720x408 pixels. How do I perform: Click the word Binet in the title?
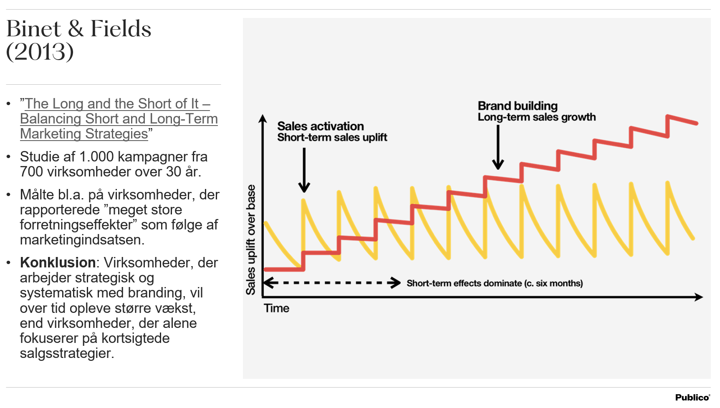pos(34,29)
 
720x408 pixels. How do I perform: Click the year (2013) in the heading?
pos(40,52)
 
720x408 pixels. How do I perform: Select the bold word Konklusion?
pos(58,262)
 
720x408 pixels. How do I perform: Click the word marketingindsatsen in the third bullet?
pos(82,240)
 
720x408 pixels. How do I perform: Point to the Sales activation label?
pos(320,126)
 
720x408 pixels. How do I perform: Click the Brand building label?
pos(518,106)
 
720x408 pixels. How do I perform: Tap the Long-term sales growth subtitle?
pos(536,117)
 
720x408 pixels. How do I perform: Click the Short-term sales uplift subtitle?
pos(332,137)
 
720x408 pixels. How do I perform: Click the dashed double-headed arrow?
pos(332,283)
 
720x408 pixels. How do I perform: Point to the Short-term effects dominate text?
pos(495,283)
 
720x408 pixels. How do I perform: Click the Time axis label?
pos(276,308)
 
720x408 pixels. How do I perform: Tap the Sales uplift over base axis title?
pos(250,239)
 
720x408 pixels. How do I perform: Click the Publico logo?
pos(692,398)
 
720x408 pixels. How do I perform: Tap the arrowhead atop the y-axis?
pos(263,118)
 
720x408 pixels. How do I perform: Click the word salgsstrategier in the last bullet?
pos(66,353)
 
